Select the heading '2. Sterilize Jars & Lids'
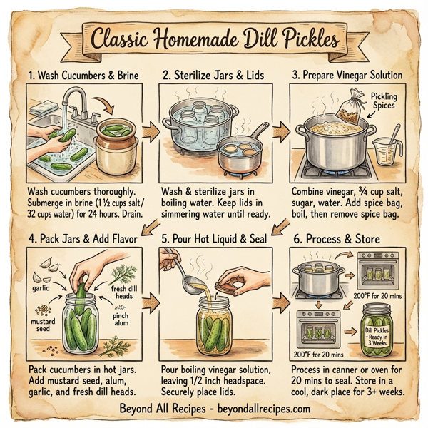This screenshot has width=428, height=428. click(214, 73)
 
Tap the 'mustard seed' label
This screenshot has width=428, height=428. click(44, 325)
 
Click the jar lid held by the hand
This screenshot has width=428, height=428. click(228, 287)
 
